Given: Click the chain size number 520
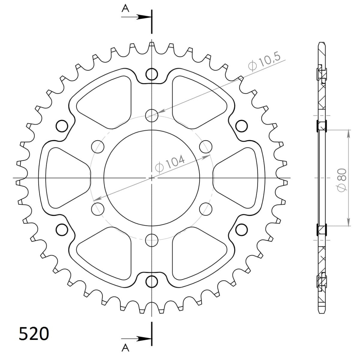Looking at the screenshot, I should (34, 334).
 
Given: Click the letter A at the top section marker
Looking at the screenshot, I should (125, 8).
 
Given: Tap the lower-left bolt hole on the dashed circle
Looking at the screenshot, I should (97, 208).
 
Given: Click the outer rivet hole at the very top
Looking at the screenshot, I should (152, 74).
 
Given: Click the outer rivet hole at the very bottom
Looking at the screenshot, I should (152, 281).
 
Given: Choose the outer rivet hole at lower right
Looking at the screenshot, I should (241, 229).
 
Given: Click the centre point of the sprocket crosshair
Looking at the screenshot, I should (152, 178).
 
